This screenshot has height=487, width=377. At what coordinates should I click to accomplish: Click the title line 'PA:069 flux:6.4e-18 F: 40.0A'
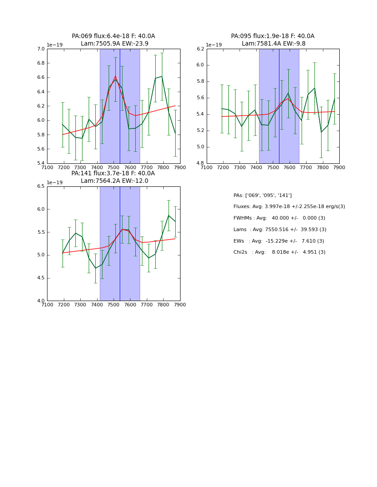tap(113, 36)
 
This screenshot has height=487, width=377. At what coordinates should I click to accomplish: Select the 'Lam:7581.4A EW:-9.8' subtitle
tap(273, 44)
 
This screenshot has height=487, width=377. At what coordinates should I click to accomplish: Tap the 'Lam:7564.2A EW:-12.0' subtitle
tap(114, 181)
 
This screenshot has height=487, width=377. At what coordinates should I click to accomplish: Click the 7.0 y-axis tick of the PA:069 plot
tap(41, 49)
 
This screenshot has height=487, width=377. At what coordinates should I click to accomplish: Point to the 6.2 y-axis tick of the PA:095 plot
tap(200, 49)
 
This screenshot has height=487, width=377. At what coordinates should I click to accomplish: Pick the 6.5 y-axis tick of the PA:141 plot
tap(41, 186)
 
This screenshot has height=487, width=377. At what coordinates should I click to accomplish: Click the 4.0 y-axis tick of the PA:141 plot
tap(41, 301)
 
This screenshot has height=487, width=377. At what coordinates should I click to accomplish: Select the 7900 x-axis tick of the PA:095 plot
tap(339, 167)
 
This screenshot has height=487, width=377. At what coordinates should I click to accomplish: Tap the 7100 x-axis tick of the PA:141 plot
tap(47, 305)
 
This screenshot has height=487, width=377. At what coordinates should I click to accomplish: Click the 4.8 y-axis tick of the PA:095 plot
tap(200, 163)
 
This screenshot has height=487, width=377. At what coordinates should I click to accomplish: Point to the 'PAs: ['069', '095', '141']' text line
tap(263, 195)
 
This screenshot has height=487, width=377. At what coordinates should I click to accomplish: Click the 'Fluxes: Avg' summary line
tap(289, 207)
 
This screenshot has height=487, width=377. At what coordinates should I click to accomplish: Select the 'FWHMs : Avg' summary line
tap(279, 218)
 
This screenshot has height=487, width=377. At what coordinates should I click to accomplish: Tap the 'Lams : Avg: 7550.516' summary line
tap(279, 230)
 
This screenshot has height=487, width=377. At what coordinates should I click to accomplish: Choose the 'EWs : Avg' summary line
tap(279, 241)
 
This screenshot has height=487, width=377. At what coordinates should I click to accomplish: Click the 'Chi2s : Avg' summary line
tap(279, 252)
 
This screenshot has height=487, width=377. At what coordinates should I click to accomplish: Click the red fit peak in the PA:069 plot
tap(115, 76)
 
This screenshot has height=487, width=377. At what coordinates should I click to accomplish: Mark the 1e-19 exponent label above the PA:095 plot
tap(214, 45)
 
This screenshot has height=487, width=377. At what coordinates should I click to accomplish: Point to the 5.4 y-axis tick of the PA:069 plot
tap(41, 163)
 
